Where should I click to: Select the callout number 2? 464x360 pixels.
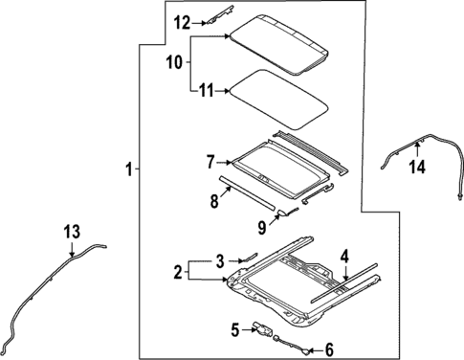pos(177,272)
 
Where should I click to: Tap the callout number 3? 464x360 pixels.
pos(219,259)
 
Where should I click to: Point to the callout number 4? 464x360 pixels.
pos(343,256)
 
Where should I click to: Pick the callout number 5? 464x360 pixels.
pos(235,330)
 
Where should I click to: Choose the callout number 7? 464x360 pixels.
pos(209,163)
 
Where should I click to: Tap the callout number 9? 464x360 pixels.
pos(261,227)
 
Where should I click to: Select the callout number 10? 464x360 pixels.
pos(175,62)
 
